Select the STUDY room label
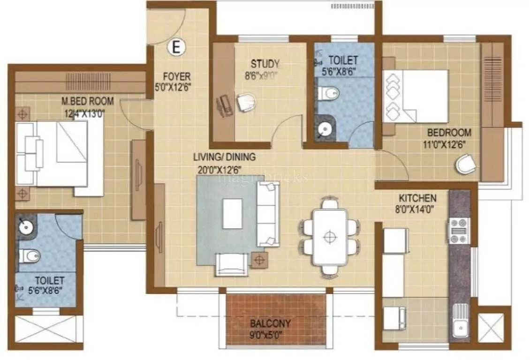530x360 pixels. click(x=265, y=64)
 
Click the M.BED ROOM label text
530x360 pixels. click(x=88, y=101)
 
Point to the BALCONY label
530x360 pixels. click(x=270, y=323)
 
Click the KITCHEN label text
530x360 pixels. click(x=418, y=198)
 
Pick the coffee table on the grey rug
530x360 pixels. click(x=233, y=213)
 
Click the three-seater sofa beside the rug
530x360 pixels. click(x=268, y=214)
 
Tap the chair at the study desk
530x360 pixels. click(x=246, y=102)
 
